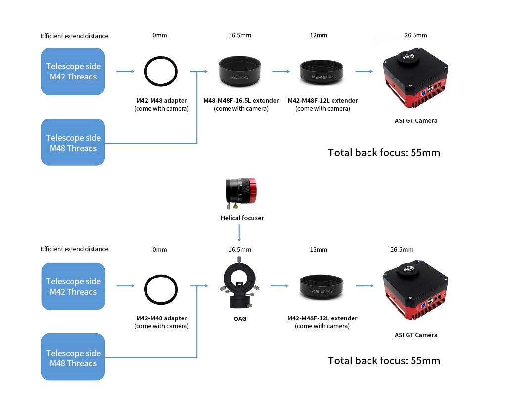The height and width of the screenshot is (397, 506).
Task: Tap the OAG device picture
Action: click(x=239, y=282)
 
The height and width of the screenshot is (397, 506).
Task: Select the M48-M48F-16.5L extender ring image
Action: click(x=240, y=71)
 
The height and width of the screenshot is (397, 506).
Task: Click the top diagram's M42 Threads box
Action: click(x=73, y=72)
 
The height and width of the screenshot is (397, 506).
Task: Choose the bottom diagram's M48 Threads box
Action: click(x=73, y=357)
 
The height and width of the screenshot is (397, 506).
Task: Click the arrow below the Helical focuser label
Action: click(x=239, y=233)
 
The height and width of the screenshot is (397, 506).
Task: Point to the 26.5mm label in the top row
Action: click(x=415, y=35)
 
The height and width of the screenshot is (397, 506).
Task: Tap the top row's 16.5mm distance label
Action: click(x=240, y=35)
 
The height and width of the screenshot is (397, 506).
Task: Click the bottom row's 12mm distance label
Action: click(x=319, y=250)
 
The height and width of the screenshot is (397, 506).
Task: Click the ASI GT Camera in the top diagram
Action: click(x=415, y=78)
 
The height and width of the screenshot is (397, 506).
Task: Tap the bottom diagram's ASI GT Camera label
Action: click(x=416, y=335)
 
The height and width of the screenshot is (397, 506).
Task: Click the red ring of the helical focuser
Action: click(x=253, y=191)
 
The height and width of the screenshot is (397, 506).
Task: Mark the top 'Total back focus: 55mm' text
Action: click(x=384, y=153)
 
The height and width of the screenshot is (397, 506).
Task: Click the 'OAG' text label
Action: click(x=240, y=318)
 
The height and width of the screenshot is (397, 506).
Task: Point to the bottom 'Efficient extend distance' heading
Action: click(x=74, y=249)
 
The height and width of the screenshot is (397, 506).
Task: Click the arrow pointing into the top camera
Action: click(x=365, y=71)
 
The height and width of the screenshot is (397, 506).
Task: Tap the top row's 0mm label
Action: click(x=160, y=35)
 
